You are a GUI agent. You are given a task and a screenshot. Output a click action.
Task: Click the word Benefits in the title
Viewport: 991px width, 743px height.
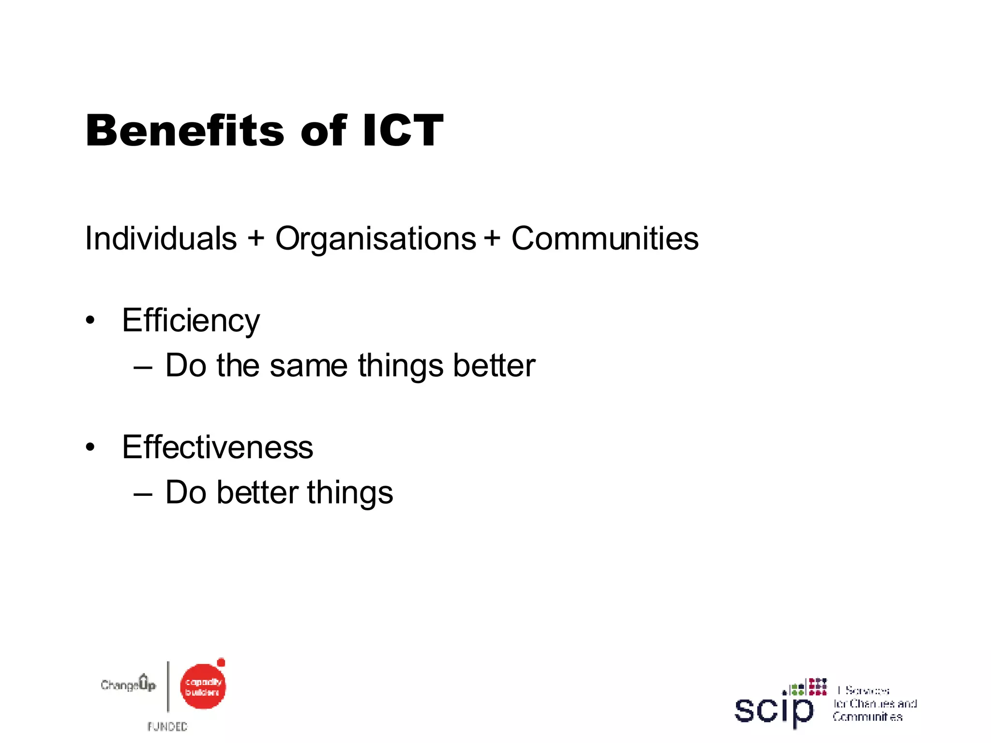coord(185,131)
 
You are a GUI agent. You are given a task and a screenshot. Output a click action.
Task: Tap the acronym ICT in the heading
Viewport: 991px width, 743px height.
coord(403,131)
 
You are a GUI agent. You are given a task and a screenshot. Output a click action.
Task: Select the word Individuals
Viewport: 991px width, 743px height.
coord(161,238)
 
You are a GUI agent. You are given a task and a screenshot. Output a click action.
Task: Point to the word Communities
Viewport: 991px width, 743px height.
coord(605,238)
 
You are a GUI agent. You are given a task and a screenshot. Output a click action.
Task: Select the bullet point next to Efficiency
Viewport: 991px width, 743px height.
coord(90,320)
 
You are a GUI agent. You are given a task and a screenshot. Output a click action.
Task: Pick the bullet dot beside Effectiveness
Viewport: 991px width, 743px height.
coord(90,447)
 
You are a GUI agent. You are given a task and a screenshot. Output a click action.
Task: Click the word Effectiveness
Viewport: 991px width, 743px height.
coord(217,447)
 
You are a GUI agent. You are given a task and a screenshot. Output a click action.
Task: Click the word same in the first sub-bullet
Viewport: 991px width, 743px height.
coord(308,366)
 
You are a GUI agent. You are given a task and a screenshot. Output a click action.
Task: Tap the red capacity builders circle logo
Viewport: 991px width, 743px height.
coord(203,686)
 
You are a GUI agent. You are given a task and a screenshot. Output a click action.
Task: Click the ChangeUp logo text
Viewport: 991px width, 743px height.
coord(128,684)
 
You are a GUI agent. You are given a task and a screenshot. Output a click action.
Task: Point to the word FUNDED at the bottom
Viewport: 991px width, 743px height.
coord(167,727)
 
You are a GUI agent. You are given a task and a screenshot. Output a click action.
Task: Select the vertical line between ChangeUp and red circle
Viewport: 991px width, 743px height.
coord(168,686)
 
